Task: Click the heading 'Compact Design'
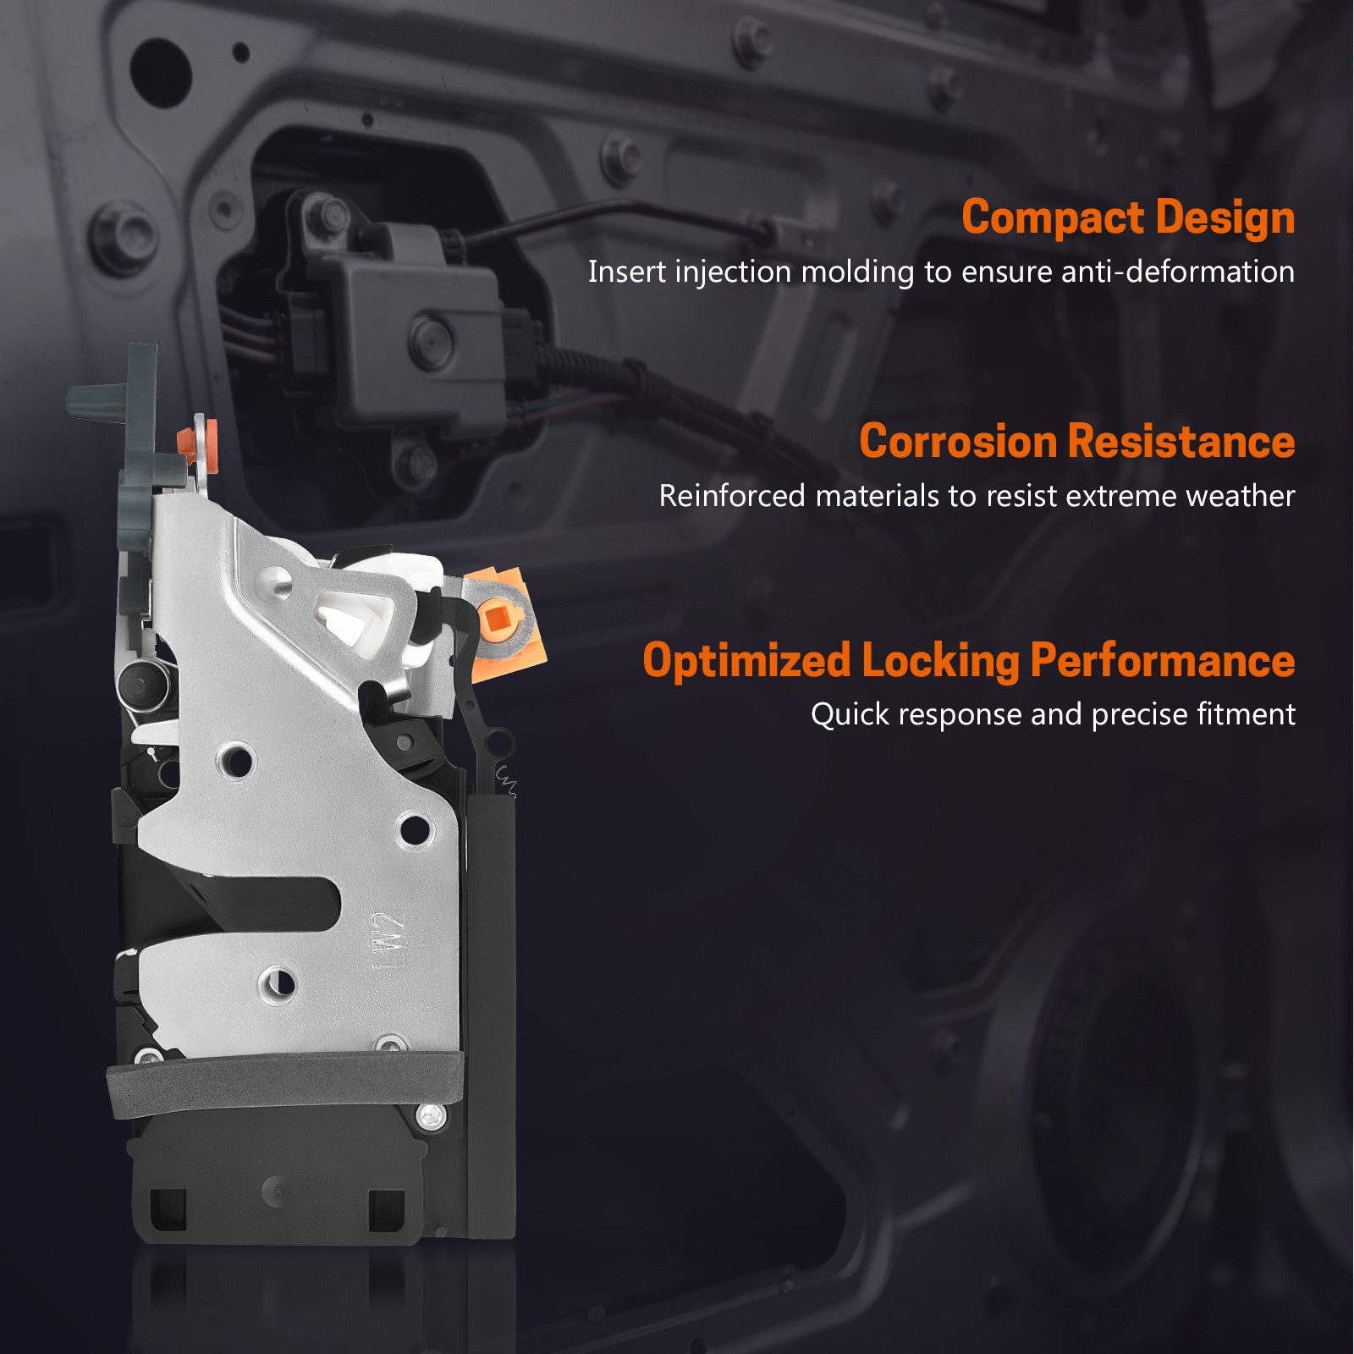(x=1128, y=217)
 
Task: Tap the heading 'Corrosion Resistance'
(x=1077, y=442)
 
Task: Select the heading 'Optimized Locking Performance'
(x=969, y=660)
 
